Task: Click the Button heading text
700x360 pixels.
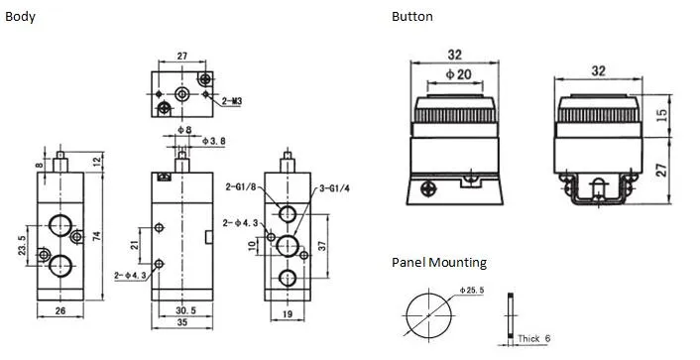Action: (411, 17)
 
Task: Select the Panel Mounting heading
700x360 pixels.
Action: (439, 263)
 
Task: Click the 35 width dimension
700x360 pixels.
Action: (180, 324)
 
